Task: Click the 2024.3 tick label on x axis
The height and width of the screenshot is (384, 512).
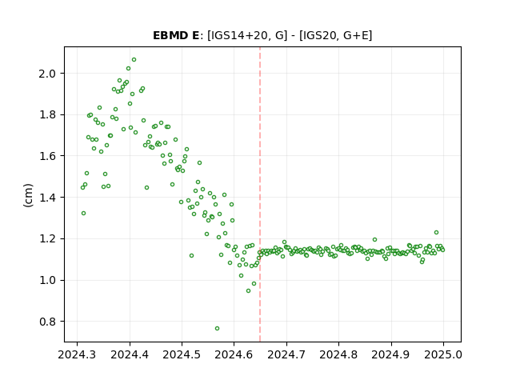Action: (x=77, y=354)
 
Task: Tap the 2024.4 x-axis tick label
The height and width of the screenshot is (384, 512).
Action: (x=130, y=354)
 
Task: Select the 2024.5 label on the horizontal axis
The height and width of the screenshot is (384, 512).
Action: (x=182, y=354)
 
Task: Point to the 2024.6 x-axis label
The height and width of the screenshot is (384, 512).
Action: (x=234, y=354)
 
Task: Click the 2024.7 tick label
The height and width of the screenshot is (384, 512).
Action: (x=286, y=354)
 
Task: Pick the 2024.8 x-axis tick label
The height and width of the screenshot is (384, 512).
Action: (x=338, y=354)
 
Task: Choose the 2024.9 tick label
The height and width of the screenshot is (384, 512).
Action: (x=391, y=354)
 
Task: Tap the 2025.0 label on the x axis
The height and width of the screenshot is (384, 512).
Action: (x=443, y=354)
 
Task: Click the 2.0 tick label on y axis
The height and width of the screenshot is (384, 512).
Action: (x=47, y=74)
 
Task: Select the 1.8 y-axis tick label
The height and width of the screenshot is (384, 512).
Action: (x=47, y=115)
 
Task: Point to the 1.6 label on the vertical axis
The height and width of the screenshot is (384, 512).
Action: (x=47, y=156)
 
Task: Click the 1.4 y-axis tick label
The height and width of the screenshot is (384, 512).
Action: (x=47, y=198)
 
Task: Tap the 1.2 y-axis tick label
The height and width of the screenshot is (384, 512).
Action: (x=47, y=239)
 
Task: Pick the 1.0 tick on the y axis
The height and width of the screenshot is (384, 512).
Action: (x=47, y=281)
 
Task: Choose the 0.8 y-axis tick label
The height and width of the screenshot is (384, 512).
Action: (x=47, y=322)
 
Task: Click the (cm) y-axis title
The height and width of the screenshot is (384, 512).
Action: (x=28, y=195)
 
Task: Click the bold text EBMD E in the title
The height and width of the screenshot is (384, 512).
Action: (x=176, y=35)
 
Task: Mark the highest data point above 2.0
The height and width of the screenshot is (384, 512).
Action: (x=134, y=60)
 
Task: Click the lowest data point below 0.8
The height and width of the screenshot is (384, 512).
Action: (x=217, y=329)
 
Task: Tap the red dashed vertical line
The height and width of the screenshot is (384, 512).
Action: (x=260, y=194)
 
